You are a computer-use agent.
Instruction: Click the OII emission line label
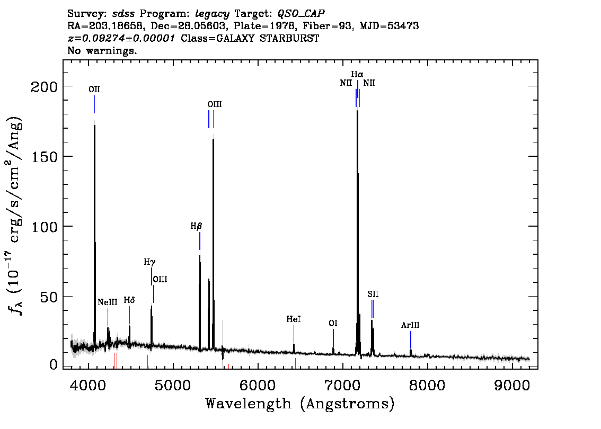tap(94, 90)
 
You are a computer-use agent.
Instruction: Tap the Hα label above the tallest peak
tap(357, 74)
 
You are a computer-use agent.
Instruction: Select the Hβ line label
tap(196, 226)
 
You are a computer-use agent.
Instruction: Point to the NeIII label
tap(107, 302)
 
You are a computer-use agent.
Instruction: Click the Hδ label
tap(129, 300)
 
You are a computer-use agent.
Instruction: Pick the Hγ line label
tap(150, 262)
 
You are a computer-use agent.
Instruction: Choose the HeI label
tap(294, 319)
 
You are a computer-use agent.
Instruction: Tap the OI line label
tap(333, 323)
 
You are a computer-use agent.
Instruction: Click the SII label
tap(373, 294)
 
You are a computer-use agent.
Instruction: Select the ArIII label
tap(410, 325)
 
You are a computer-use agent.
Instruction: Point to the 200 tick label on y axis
tap(44, 86)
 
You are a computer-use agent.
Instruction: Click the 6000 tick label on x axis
tap(258, 385)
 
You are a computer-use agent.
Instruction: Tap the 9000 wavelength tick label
tap(511, 385)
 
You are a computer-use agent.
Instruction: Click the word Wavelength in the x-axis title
tap(249, 404)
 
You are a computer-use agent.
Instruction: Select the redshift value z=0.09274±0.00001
tap(121, 38)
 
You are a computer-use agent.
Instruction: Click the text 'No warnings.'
tap(102, 50)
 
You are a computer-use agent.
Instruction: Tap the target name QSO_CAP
tap(301, 14)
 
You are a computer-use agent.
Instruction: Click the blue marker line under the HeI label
tap(294, 334)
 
